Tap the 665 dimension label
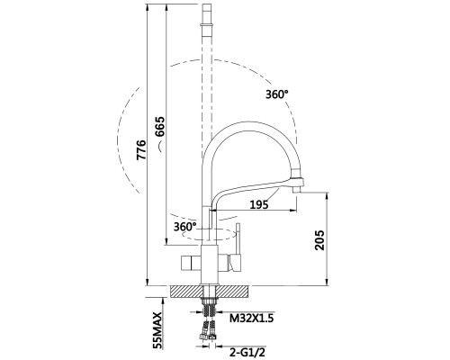159,127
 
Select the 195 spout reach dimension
259,204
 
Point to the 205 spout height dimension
319,240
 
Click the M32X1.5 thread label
252,318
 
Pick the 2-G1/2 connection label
247,352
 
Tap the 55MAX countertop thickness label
157,330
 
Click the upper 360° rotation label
276,94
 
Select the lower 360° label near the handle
184,227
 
